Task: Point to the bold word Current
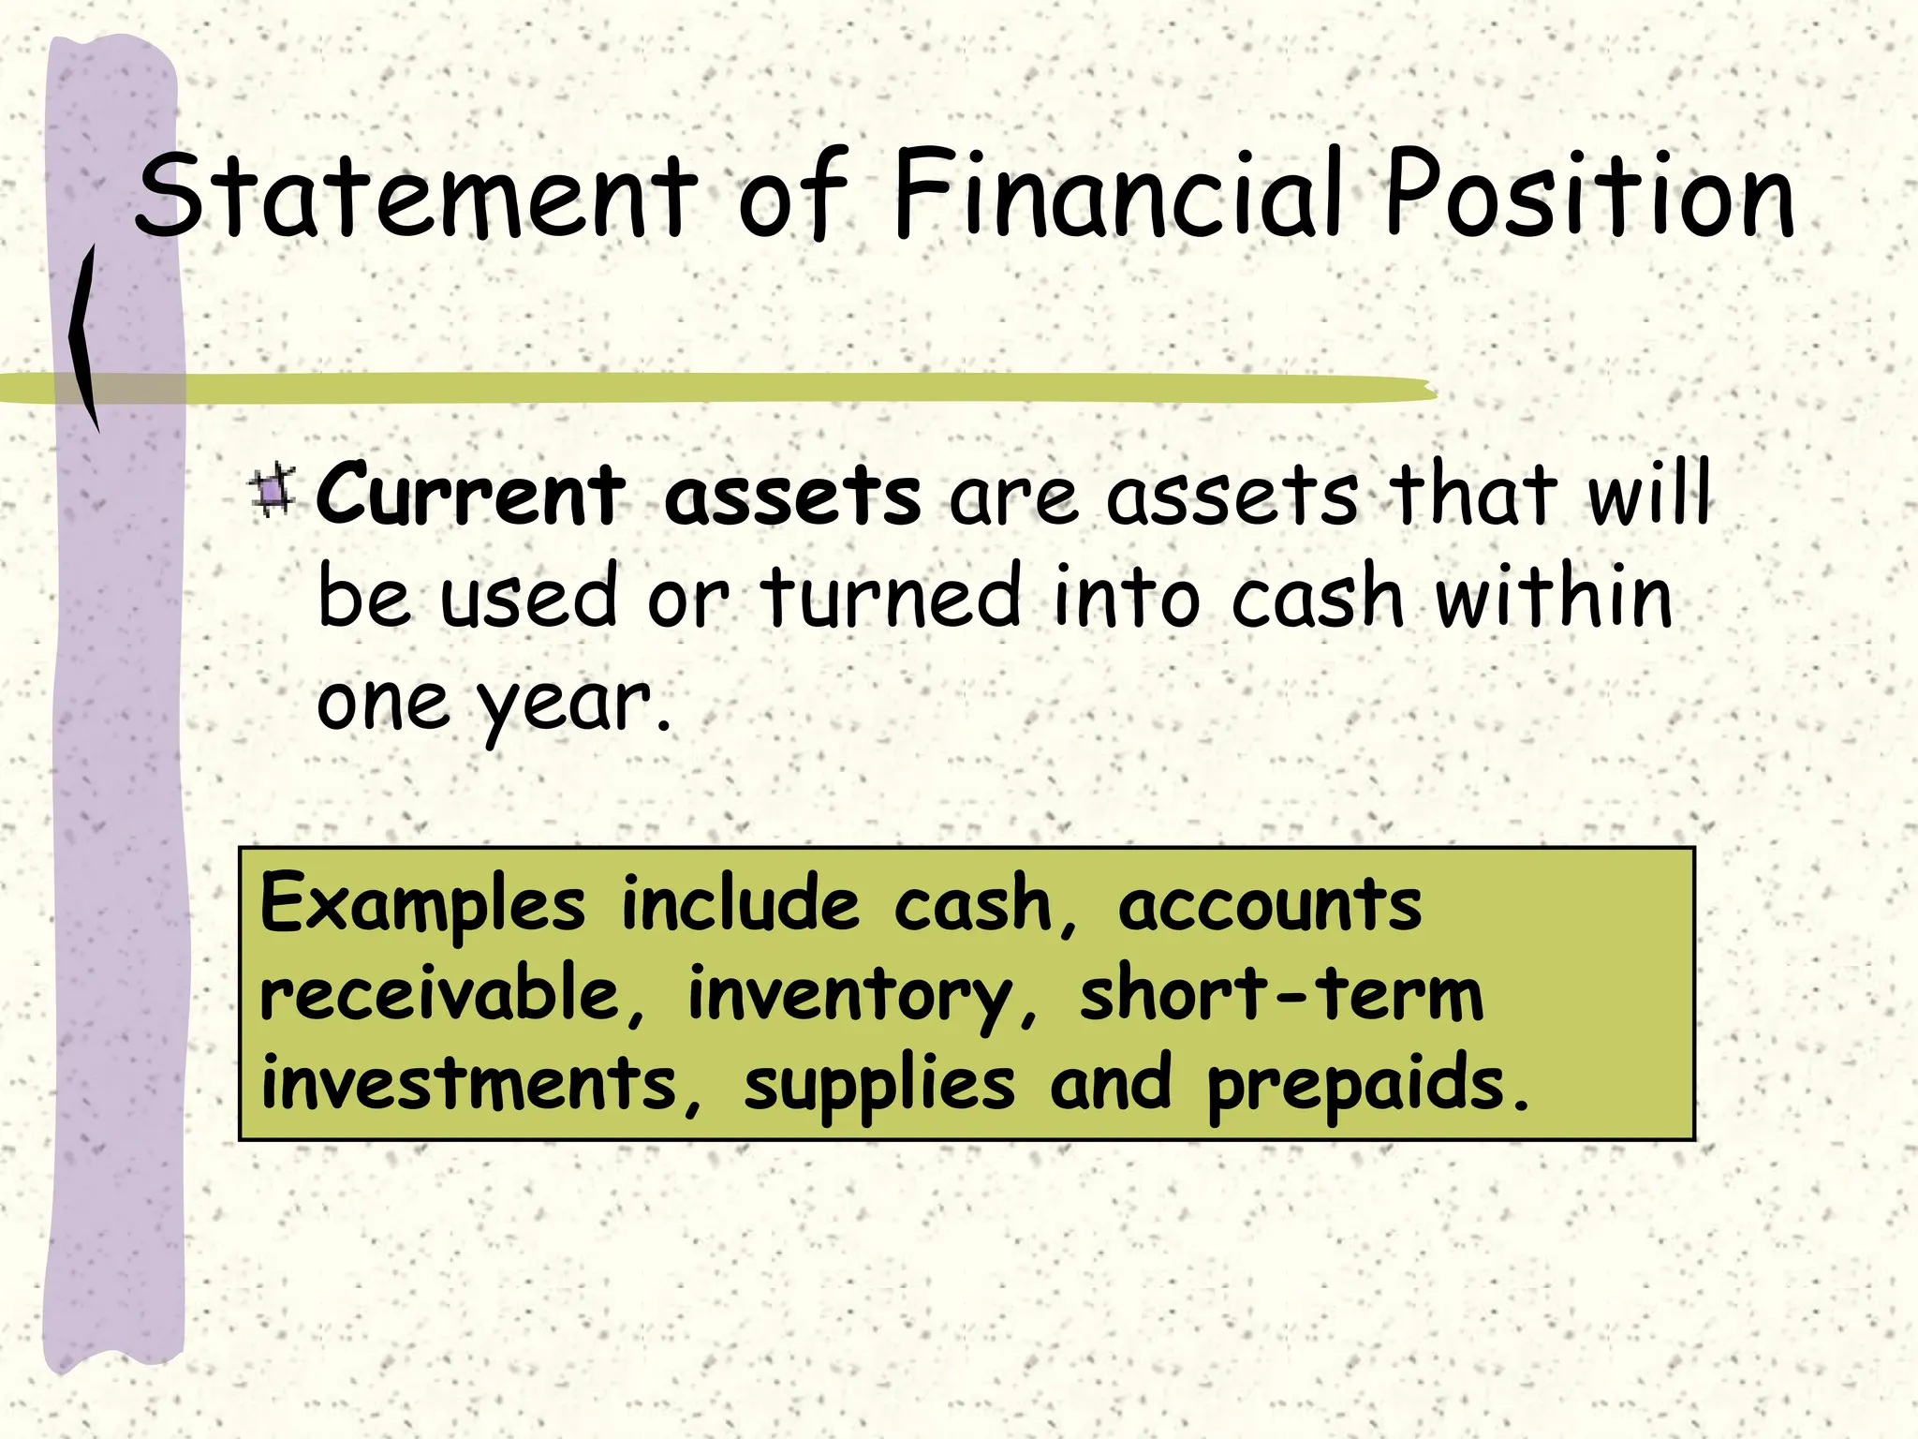[x=470, y=495]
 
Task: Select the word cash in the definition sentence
[x=1318, y=597]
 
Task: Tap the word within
[x=1554, y=597]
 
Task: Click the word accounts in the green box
[x=1270, y=905]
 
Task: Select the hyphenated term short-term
[x=1281, y=994]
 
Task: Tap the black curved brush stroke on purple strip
[x=84, y=337]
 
